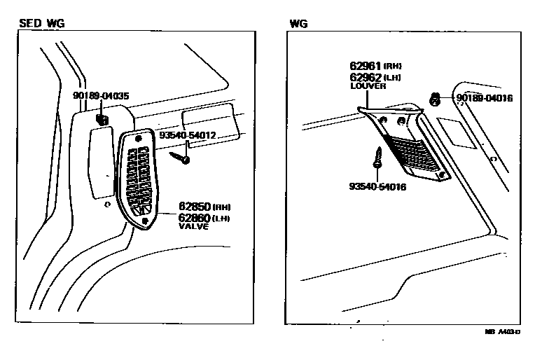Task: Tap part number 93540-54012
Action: coord(187,135)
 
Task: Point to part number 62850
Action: coord(192,207)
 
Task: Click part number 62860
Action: coord(192,218)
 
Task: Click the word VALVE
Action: coord(194,227)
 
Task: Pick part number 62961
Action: coord(368,65)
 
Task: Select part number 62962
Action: coord(368,76)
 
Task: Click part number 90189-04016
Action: coord(485,98)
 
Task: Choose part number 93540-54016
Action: coord(377,186)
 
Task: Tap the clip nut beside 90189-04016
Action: coord(434,99)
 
